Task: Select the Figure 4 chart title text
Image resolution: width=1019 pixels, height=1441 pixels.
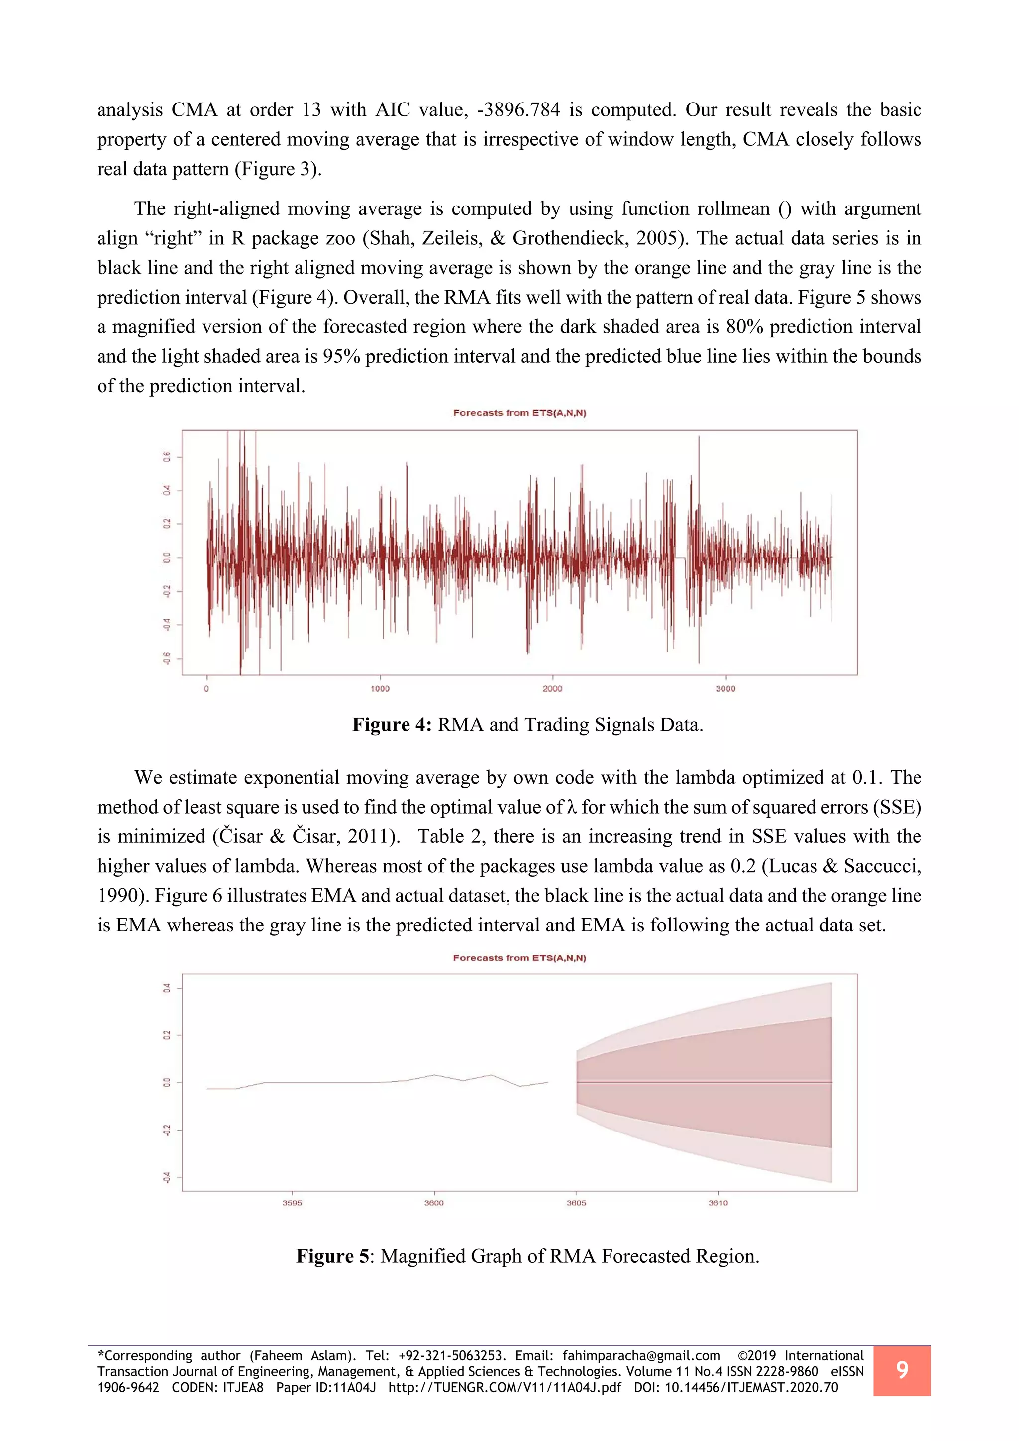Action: (x=519, y=413)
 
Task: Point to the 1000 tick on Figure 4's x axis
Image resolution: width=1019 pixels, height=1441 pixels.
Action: (x=380, y=689)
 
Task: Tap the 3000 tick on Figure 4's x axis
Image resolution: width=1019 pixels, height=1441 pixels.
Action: (x=725, y=689)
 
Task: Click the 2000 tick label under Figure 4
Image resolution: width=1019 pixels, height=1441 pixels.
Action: (x=552, y=689)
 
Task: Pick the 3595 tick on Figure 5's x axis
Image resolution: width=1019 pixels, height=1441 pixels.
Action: (x=292, y=1203)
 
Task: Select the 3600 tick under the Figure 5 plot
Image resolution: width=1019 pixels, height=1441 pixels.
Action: (x=433, y=1203)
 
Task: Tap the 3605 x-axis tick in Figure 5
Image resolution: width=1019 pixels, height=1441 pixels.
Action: (x=576, y=1203)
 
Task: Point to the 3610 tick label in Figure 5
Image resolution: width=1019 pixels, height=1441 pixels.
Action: (x=718, y=1203)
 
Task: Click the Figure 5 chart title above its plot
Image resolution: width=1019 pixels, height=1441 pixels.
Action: (x=519, y=958)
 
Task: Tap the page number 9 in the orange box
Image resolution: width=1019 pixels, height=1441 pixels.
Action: (x=902, y=1370)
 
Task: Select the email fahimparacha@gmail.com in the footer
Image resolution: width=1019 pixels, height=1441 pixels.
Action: (x=641, y=1355)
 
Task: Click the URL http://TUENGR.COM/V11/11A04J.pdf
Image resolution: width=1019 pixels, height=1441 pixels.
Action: (x=505, y=1388)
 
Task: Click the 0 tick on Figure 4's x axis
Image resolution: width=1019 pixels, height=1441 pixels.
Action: (x=206, y=689)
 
